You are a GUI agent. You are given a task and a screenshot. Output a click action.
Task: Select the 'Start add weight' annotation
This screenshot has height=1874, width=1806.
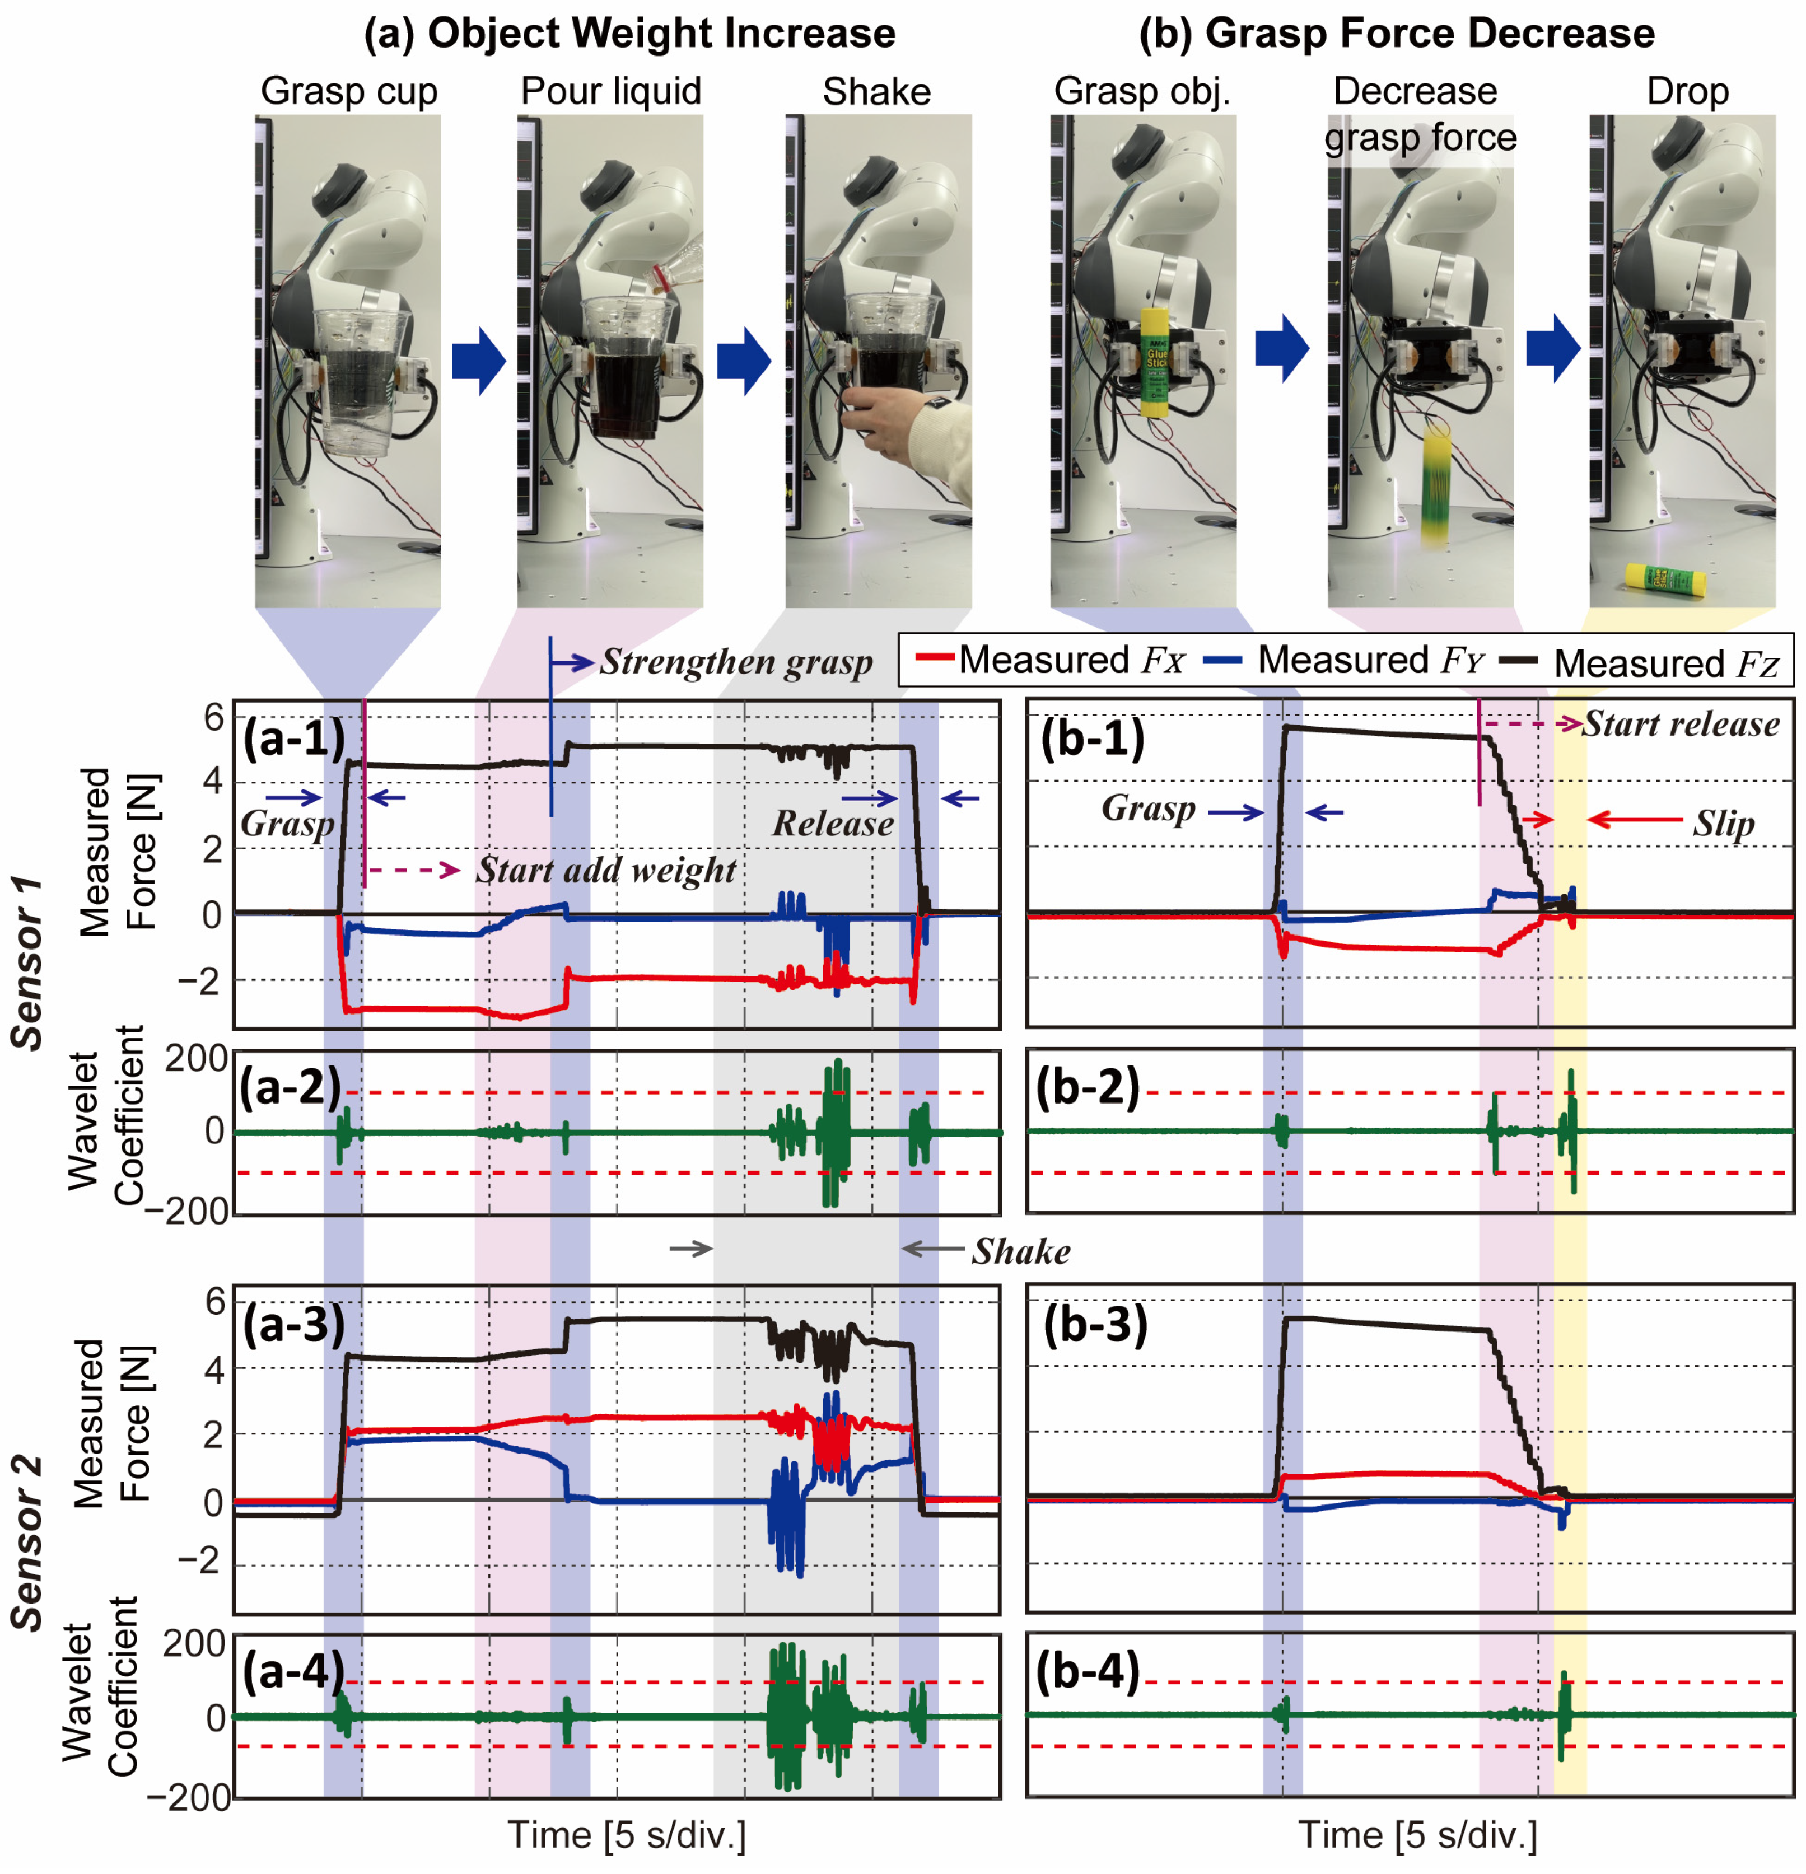coord(605,870)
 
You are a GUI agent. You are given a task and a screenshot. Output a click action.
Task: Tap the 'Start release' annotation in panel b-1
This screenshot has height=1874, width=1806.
coord(1681,724)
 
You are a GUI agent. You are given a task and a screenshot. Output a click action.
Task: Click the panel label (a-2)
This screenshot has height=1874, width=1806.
coord(290,1087)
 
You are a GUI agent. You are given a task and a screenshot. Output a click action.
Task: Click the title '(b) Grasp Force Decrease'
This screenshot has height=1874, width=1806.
coord(1396,34)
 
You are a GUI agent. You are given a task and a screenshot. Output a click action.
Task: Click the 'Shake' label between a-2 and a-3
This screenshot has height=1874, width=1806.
coord(1020,1251)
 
